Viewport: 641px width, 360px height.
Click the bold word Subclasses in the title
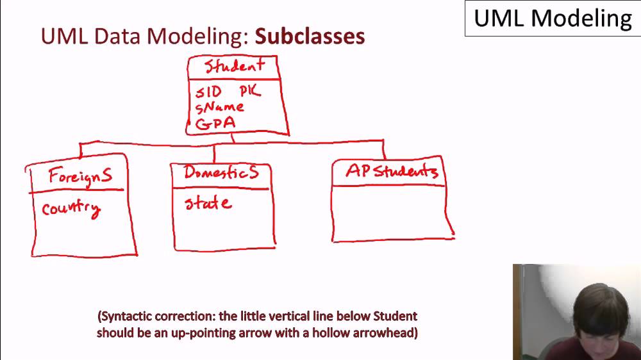click(x=310, y=36)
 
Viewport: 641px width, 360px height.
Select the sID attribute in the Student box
click(x=208, y=92)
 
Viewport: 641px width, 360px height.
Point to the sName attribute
click(x=219, y=107)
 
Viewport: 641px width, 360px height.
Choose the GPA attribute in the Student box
click(x=215, y=123)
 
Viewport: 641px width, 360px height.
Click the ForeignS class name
click(x=80, y=176)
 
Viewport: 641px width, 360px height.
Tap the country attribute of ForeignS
click(x=71, y=209)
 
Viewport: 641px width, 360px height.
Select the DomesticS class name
click(x=221, y=172)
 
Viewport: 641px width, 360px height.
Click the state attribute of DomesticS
click(x=208, y=204)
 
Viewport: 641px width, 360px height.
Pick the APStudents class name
click(x=391, y=171)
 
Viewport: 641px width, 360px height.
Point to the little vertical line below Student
click(x=232, y=138)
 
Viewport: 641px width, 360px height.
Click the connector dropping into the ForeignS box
click(x=80, y=151)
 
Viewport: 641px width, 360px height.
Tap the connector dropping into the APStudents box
click(x=384, y=149)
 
